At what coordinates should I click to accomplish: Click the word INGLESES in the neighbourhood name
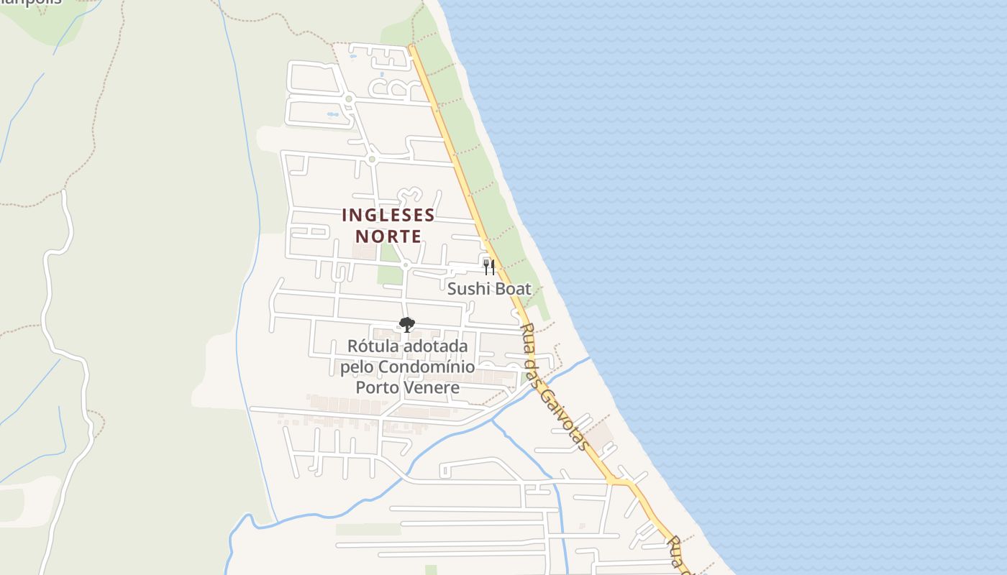(388, 215)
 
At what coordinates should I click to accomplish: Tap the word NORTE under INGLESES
(388, 236)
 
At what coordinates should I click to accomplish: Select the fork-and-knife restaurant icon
(489, 267)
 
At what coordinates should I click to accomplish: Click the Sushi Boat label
(489, 289)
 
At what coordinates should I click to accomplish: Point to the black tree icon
(406, 325)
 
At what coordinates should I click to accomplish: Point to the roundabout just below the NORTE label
(406, 265)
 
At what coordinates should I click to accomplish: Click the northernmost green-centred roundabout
(349, 98)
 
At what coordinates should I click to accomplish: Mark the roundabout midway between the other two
(372, 159)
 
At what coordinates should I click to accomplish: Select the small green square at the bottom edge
(431, 570)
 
